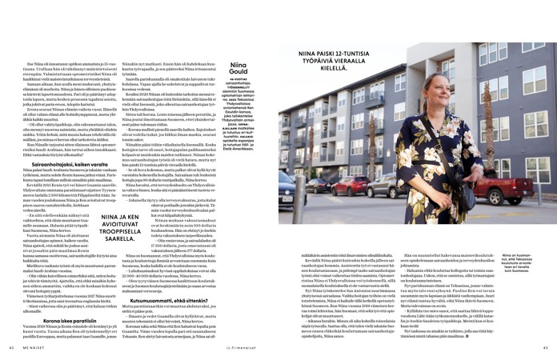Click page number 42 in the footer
[x=12, y=346]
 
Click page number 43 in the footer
[x=543, y=346]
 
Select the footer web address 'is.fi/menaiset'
[x=277, y=346]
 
